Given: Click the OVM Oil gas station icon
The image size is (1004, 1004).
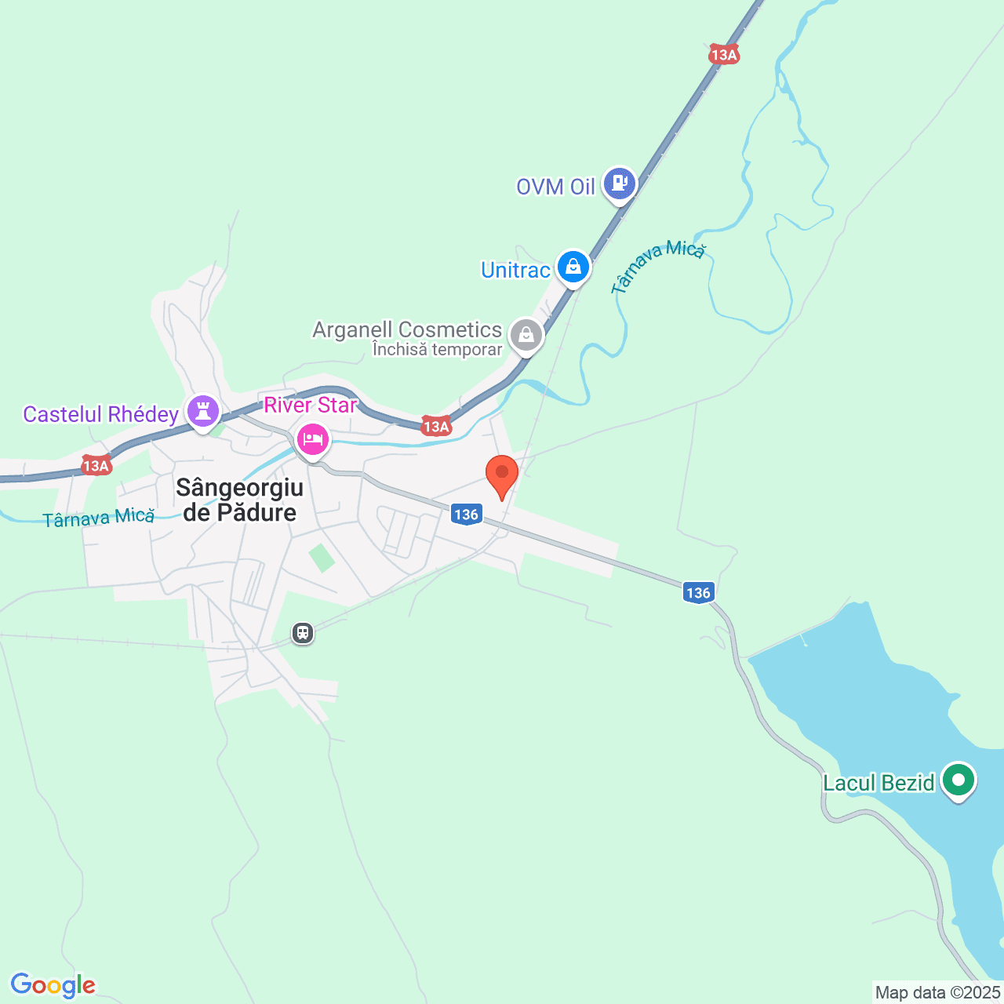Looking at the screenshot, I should [620, 184].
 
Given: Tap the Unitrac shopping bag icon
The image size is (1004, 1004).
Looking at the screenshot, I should [573, 267].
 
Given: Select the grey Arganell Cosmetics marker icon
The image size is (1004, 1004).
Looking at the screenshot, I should [526, 335].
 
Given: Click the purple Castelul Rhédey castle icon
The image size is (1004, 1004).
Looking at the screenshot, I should [203, 410].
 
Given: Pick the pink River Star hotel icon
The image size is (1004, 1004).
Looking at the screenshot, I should [312, 439].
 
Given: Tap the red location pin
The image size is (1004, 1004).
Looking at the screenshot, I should [502, 474].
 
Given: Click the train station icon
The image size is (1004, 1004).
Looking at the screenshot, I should [303, 633].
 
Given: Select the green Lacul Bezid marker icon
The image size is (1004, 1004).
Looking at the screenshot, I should [958, 780].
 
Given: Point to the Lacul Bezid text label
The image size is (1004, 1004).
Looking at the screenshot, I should [878, 783].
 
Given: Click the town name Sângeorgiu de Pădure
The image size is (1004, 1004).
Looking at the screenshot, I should [239, 500].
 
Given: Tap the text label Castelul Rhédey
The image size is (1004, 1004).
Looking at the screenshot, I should [100, 414].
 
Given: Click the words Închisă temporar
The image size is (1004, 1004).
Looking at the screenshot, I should [437, 350].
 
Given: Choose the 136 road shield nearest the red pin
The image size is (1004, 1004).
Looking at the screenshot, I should [466, 515].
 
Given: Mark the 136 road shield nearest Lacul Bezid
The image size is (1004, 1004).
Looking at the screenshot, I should [698, 592].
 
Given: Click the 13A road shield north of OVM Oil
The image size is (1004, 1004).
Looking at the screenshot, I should [723, 54].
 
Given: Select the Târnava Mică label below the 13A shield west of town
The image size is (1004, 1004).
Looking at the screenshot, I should [99, 518].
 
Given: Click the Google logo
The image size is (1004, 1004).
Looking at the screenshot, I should [53, 985].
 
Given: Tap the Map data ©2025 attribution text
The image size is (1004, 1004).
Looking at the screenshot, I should [937, 992].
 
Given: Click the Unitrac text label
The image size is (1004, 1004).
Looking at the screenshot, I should [515, 270].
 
